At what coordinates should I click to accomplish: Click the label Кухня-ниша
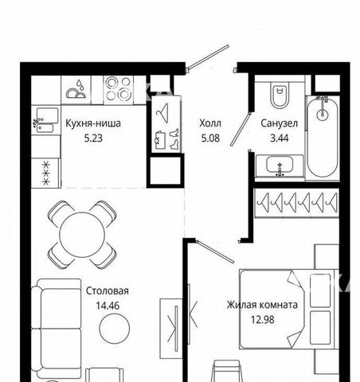(x=93, y=123)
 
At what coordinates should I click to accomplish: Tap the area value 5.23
(x=93, y=138)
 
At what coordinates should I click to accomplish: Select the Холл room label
(x=210, y=123)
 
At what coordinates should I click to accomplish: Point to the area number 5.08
(x=210, y=138)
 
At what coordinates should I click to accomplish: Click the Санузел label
(x=279, y=123)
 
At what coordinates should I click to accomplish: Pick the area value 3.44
(x=279, y=138)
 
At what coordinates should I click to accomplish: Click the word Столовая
(x=108, y=291)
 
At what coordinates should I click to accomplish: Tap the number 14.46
(x=108, y=306)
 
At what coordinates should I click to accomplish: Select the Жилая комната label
(x=262, y=305)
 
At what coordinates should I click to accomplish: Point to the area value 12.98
(x=263, y=320)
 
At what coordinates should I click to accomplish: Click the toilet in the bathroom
(x=280, y=94)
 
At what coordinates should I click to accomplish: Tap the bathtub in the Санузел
(x=323, y=137)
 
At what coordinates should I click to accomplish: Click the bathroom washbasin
(x=280, y=166)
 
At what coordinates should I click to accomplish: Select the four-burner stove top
(x=118, y=88)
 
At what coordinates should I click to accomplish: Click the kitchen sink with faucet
(x=45, y=120)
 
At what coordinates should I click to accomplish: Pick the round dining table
(x=82, y=235)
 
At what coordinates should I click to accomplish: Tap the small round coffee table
(x=115, y=329)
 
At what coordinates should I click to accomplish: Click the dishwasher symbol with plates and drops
(x=76, y=89)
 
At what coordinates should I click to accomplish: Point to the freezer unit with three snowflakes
(x=46, y=173)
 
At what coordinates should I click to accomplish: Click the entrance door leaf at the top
(x=208, y=57)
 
